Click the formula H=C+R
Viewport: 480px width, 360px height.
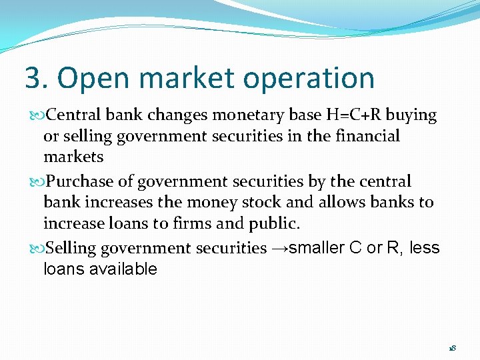[x=353, y=115]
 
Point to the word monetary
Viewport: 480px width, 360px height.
[x=253, y=115]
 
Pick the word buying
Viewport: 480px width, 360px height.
[x=411, y=116]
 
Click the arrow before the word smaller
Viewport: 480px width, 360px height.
[x=279, y=249]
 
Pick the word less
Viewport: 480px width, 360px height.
[x=425, y=248]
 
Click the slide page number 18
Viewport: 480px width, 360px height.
[x=452, y=348]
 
